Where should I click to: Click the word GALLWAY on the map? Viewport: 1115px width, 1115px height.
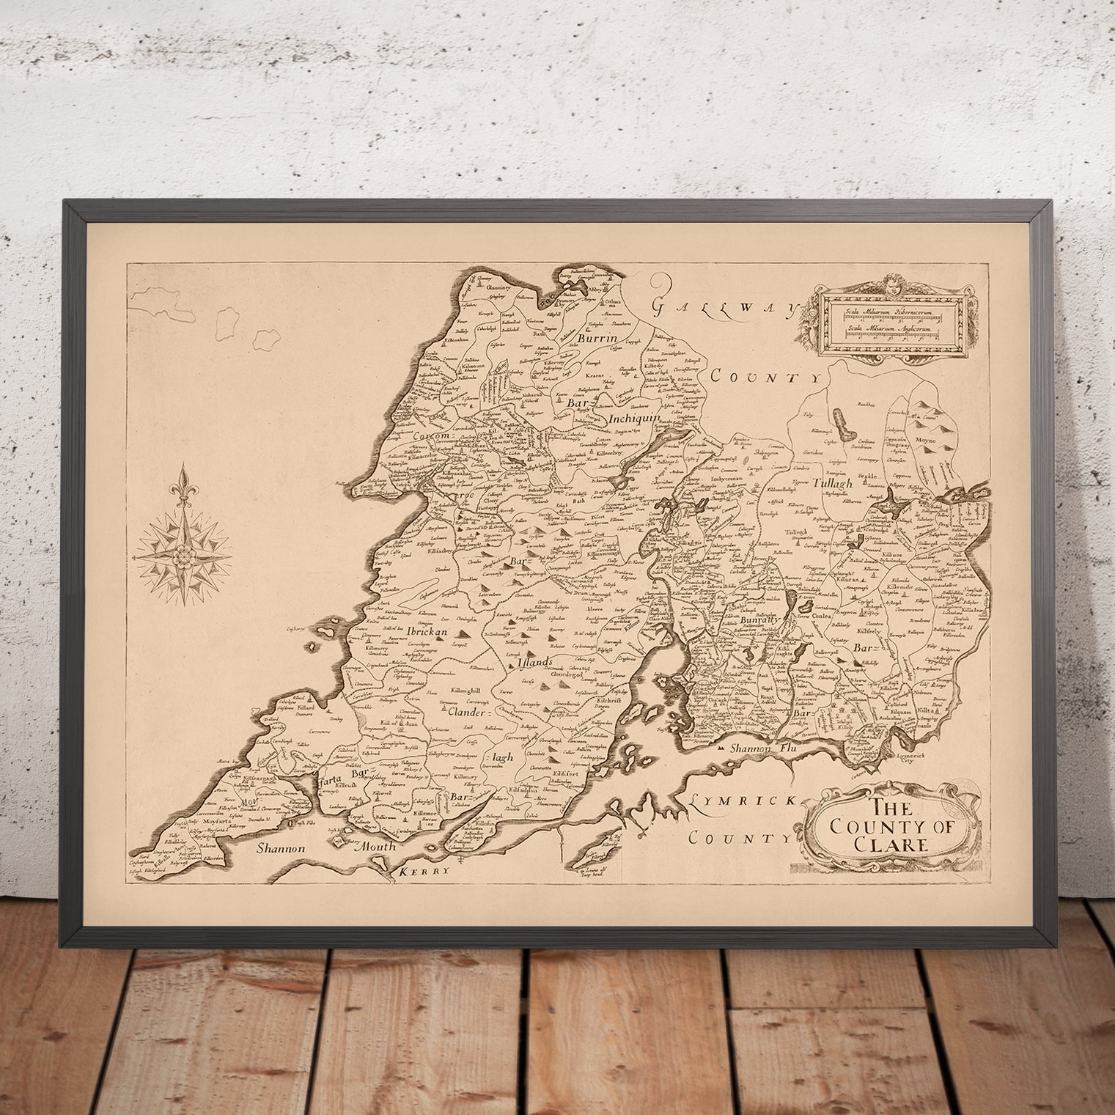tap(723, 306)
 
